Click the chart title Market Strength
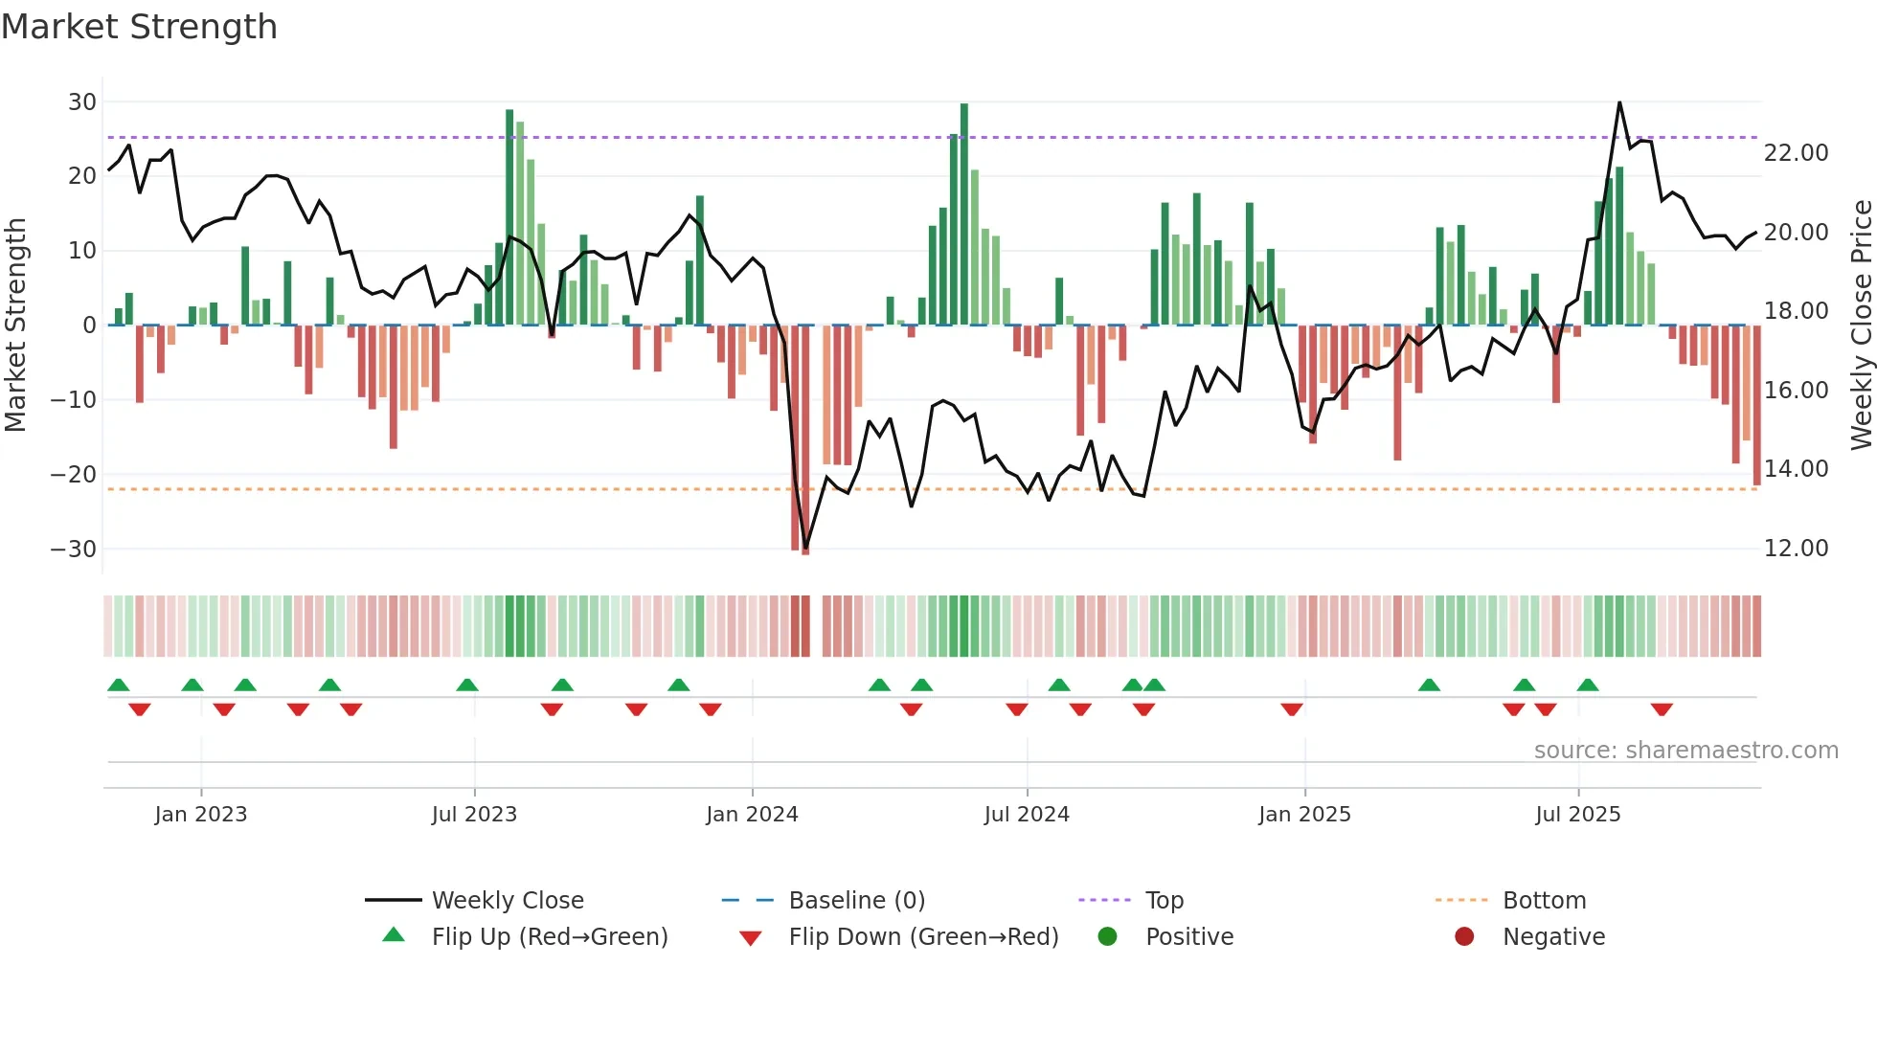pyautogui.click(x=139, y=27)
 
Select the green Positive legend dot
pyautogui.click(x=1108, y=936)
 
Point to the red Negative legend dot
pyautogui.click(x=1464, y=936)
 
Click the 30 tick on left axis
pyautogui.click(x=82, y=101)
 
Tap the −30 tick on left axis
pyautogui.click(x=74, y=549)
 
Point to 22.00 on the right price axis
pyautogui.click(x=1796, y=153)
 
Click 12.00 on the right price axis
pyautogui.click(x=1796, y=549)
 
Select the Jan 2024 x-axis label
pyautogui.click(x=752, y=815)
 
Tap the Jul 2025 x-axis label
pyautogui.click(x=1577, y=815)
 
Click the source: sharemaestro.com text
pyautogui.click(x=1685, y=751)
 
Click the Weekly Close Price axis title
pyautogui.click(x=1861, y=325)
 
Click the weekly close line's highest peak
pyautogui.click(x=1619, y=102)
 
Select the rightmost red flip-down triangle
pyautogui.click(x=1662, y=709)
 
